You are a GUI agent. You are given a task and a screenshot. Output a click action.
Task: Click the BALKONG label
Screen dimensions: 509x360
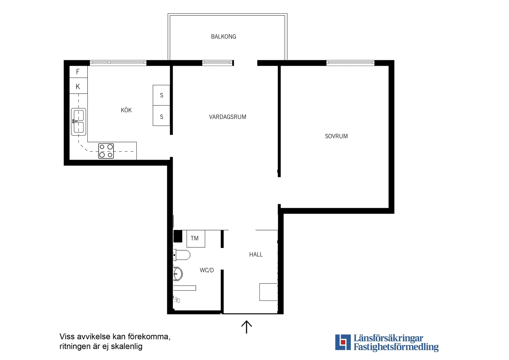coord(223,37)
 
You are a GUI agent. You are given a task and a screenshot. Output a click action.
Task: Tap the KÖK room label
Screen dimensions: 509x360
coord(126,110)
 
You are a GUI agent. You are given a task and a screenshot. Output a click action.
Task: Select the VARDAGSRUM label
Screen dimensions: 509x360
coord(227,117)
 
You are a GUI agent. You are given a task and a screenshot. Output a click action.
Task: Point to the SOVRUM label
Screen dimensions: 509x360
coord(336,136)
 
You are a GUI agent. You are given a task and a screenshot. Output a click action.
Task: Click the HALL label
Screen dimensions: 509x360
coord(256,254)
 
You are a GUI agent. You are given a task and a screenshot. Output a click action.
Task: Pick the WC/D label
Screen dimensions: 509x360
coord(207,270)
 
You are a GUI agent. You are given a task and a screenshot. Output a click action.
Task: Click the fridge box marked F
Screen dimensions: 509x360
coord(78,72)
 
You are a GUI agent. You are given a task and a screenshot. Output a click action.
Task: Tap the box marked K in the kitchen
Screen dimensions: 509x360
coord(78,86)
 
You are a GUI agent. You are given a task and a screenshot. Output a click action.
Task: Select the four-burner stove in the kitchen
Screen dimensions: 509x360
coord(106,151)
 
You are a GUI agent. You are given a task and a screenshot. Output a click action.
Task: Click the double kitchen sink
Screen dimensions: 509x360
coord(78,122)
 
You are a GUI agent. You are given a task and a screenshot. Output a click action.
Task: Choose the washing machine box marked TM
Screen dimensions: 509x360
coord(196,239)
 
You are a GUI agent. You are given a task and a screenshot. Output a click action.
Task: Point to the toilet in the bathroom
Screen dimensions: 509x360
coord(182,255)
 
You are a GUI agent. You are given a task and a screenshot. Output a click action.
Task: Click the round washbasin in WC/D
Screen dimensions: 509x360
coord(178,274)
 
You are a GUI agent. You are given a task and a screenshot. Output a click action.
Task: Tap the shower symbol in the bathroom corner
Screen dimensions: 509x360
coord(177,300)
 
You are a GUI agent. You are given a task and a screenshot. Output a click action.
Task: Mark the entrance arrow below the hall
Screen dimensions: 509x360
coord(246,327)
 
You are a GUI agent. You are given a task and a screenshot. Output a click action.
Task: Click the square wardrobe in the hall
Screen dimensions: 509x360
coord(268,292)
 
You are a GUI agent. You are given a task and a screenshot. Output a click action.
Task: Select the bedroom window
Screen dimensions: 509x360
coord(350,63)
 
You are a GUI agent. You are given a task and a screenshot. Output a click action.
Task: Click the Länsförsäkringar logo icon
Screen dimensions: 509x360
coord(343,342)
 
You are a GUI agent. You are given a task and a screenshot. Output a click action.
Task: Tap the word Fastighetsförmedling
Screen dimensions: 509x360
coord(396,347)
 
